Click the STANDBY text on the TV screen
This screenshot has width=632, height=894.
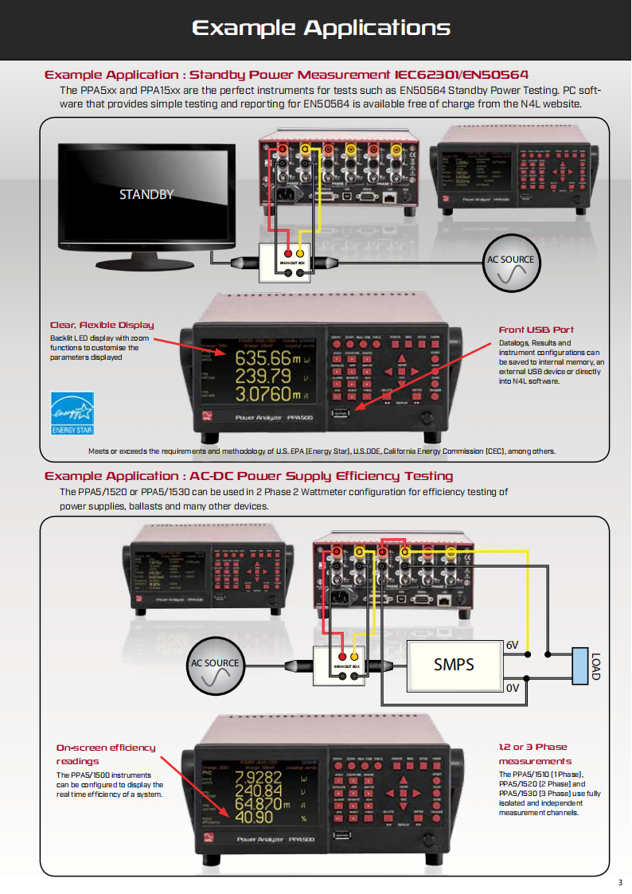146,194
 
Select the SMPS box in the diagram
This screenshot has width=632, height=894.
454,663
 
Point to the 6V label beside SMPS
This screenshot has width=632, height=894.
513,645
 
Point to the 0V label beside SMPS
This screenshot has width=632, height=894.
513,687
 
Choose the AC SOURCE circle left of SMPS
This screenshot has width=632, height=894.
215,671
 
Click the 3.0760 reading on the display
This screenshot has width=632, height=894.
263,393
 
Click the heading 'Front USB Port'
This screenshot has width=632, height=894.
536,330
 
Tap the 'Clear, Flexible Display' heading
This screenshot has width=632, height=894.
102,325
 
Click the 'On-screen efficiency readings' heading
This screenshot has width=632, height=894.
106,754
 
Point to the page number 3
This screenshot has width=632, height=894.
620,882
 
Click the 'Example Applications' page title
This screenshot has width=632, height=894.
321,29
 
